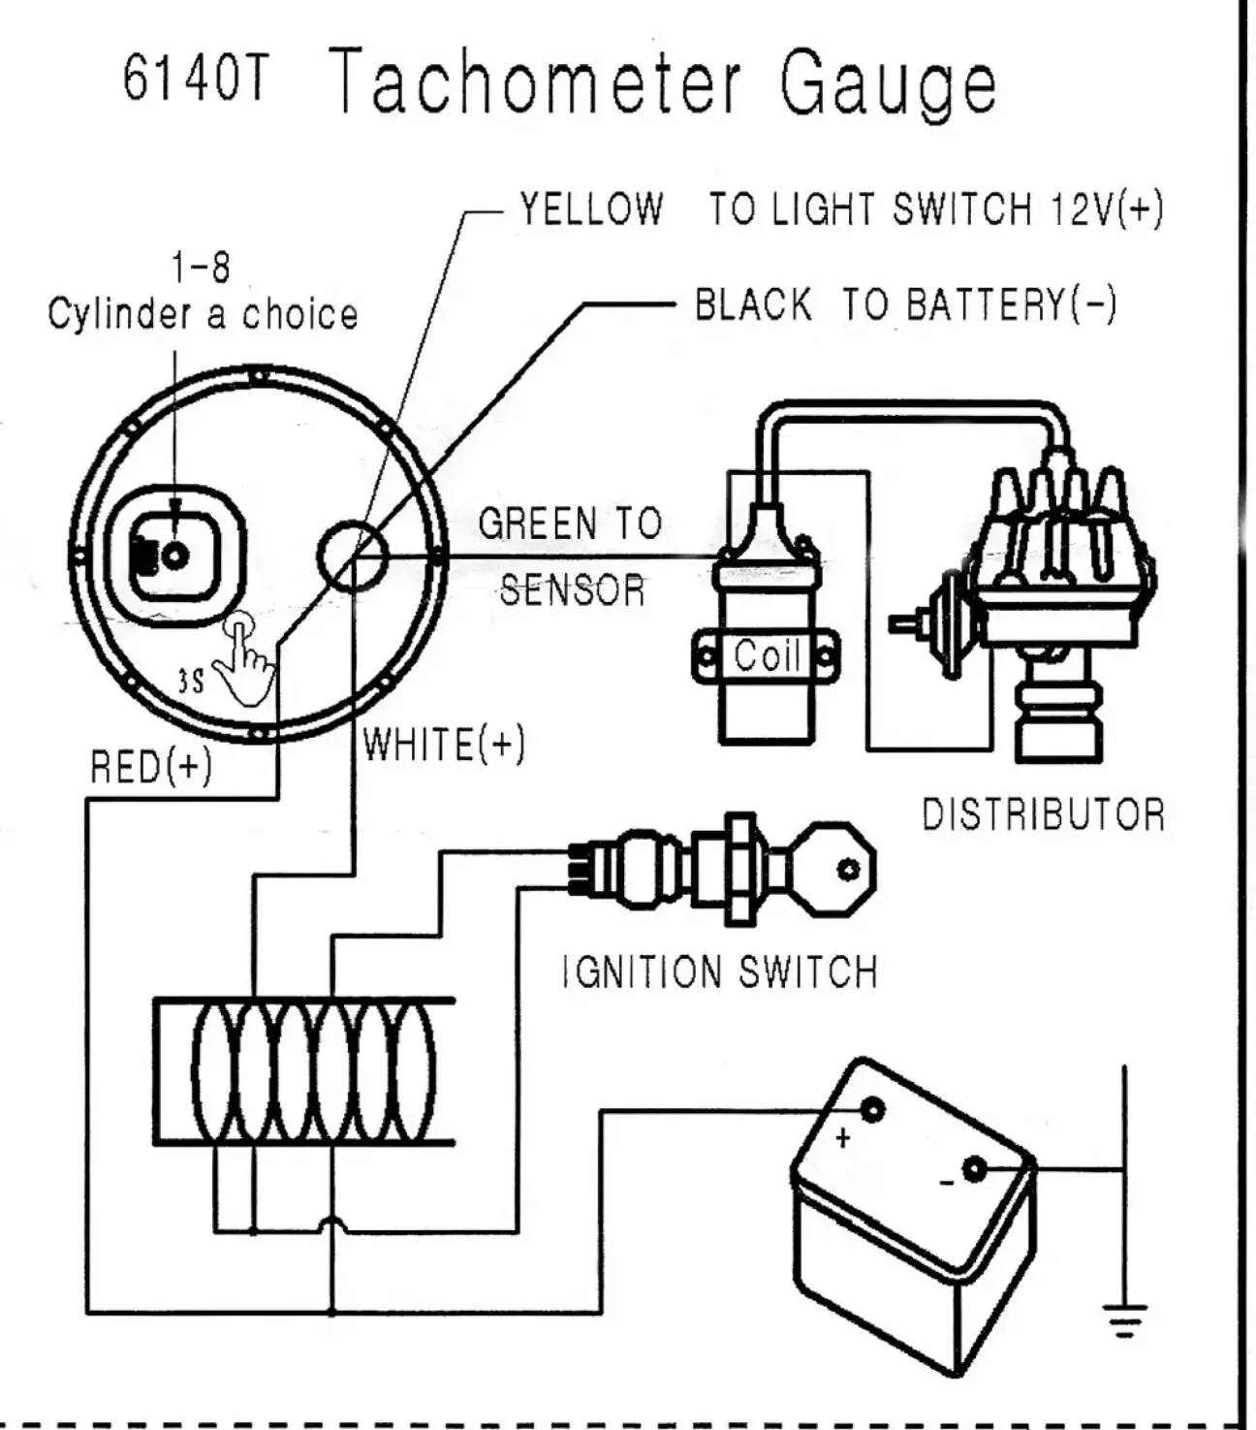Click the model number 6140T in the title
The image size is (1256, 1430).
(x=194, y=79)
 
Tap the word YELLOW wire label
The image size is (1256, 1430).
(x=591, y=209)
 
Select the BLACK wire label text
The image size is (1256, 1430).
(x=753, y=304)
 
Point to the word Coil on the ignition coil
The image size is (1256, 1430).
(x=767, y=656)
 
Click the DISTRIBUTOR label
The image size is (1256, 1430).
(x=1043, y=815)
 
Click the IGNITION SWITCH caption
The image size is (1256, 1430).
(x=720, y=971)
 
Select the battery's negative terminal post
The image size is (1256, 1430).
(x=973, y=1169)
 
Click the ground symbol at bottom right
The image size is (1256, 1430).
(x=1124, y=1319)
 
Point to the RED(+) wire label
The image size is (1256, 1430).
(x=150, y=767)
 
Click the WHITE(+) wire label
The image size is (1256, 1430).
(x=444, y=745)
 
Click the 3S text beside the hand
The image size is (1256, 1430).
(x=191, y=682)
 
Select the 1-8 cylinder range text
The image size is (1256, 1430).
(x=202, y=267)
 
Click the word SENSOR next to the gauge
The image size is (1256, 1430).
(x=572, y=589)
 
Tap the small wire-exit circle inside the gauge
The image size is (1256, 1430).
(x=353, y=556)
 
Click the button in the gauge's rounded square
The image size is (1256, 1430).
(x=174, y=556)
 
